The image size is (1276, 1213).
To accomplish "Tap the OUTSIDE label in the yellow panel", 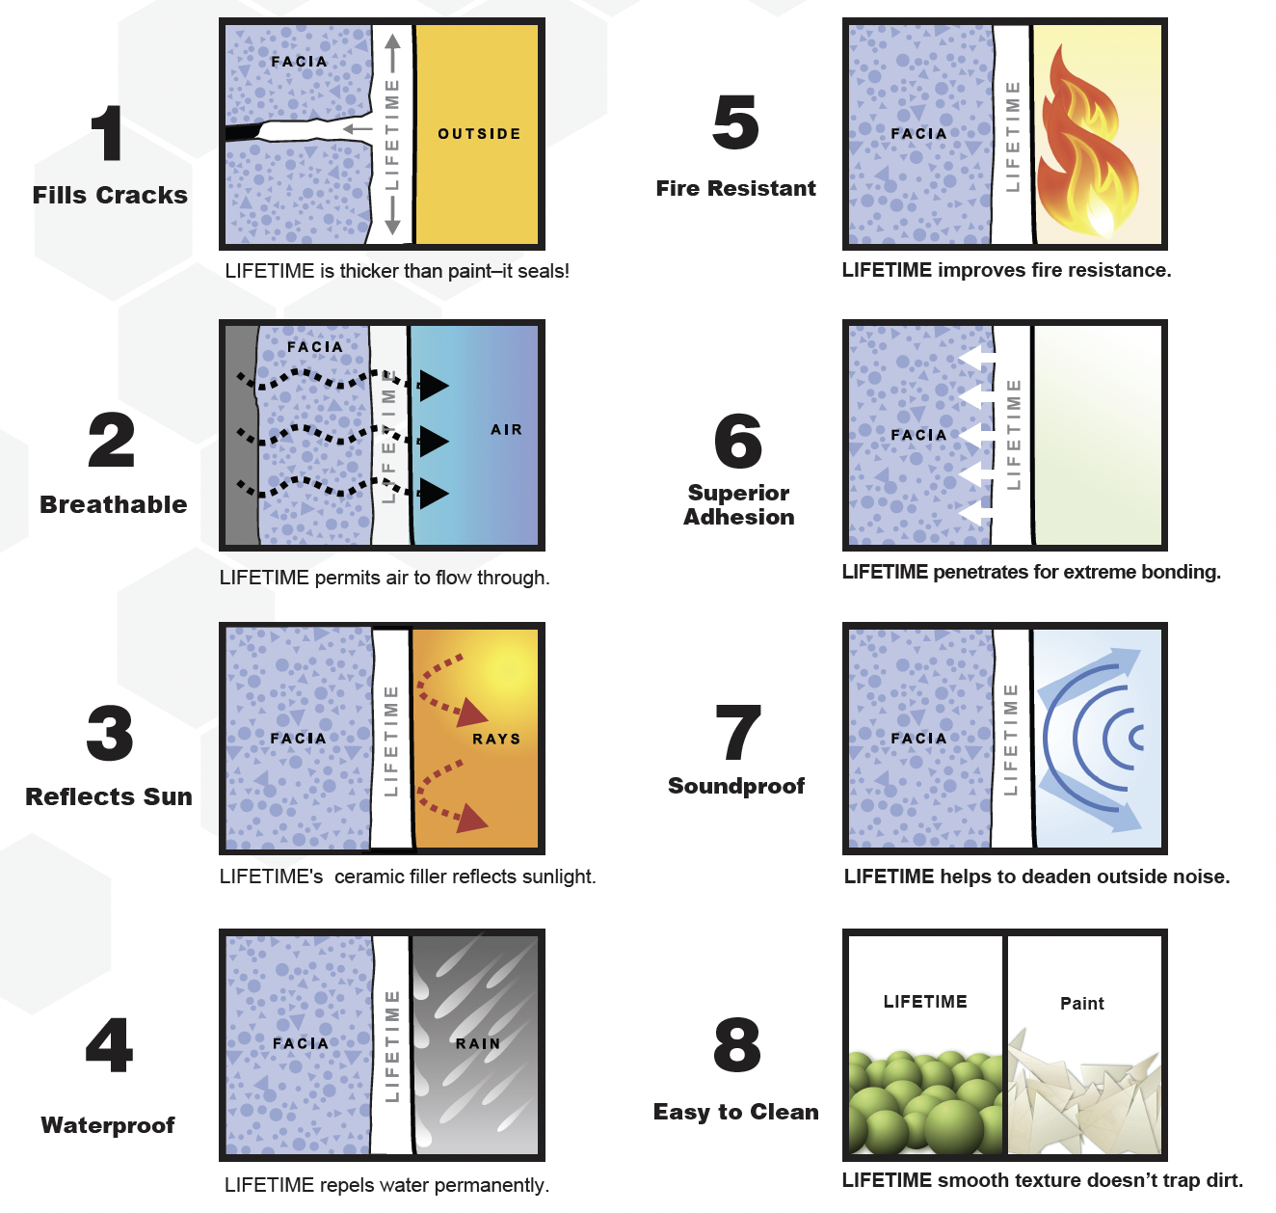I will (x=479, y=134).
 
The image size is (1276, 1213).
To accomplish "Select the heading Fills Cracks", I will (x=110, y=196).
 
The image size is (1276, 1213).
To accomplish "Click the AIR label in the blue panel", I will (x=506, y=430).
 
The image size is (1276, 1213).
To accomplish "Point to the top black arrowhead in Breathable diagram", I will (x=433, y=386).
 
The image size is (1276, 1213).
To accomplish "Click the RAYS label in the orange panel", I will (x=495, y=740).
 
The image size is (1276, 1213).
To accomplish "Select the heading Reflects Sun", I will (x=109, y=797).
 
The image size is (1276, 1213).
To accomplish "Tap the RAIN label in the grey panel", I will (x=478, y=1044).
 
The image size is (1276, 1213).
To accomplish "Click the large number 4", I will (x=109, y=1045).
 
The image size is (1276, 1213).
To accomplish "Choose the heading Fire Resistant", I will (x=735, y=189).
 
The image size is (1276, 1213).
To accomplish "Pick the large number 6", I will (x=738, y=442).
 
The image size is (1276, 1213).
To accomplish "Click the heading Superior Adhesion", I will (x=738, y=505).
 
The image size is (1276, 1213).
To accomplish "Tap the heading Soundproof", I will (x=736, y=787).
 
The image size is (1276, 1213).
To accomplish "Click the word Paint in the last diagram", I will (x=1081, y=1004).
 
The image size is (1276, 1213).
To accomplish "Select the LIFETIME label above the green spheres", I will (x=924, y=1002).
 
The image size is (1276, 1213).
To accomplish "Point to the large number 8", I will (x=737, y=1045).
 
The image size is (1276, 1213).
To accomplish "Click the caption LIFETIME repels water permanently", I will (x=386, y=1185).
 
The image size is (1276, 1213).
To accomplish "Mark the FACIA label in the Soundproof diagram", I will (x=918, y=739).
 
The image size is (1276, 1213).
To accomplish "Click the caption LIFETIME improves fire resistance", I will (x=1006, y=271).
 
